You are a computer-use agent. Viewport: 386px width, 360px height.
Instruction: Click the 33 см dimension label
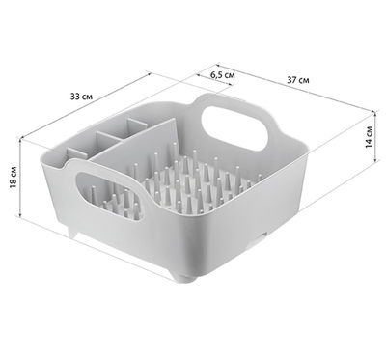[81, 97]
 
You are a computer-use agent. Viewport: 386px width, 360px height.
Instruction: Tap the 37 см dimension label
[298, 80]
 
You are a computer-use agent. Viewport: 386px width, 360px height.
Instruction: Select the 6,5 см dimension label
[223, 75]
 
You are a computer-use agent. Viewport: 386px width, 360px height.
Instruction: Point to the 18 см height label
[13, 178]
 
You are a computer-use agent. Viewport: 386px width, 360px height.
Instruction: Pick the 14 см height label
[369, 137]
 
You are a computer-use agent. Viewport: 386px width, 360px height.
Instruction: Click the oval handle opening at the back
[234, 127]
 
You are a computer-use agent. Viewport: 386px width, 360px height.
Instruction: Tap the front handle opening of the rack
[110, 196]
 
